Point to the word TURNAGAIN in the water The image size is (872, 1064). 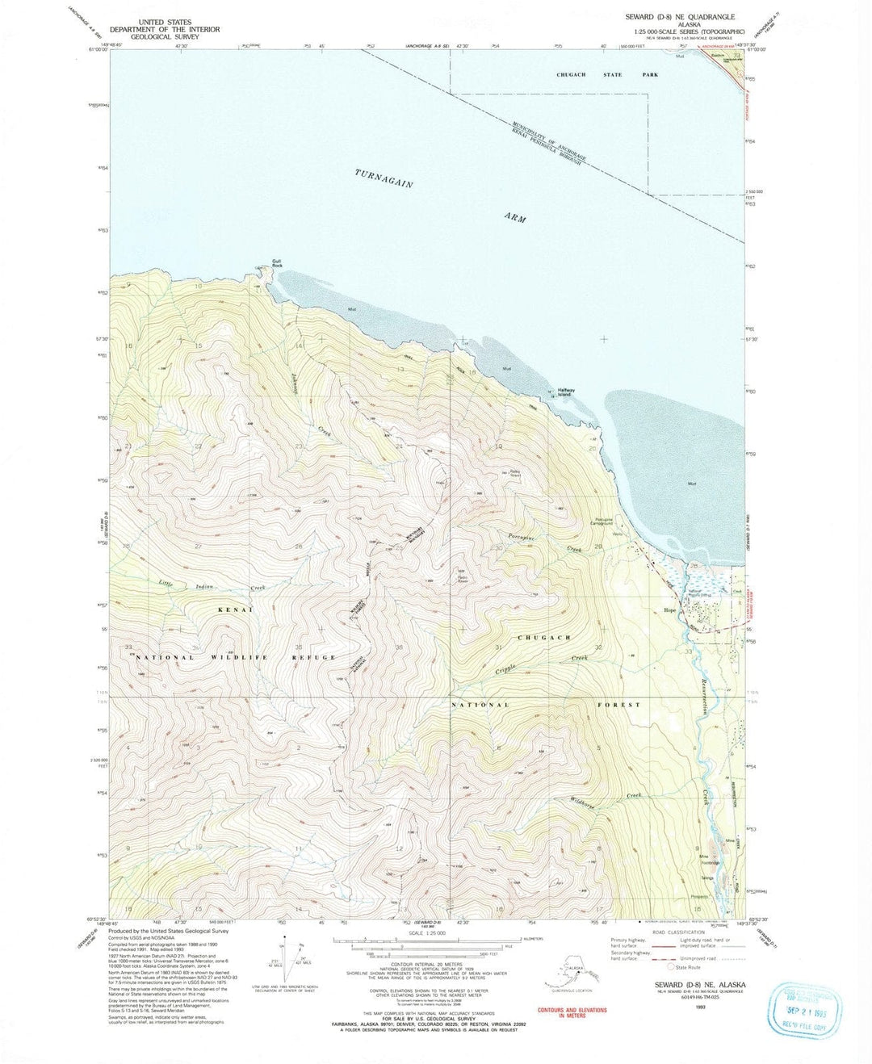(384, 178)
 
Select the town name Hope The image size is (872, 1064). (669, 610)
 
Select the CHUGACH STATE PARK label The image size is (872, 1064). (607, 75)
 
